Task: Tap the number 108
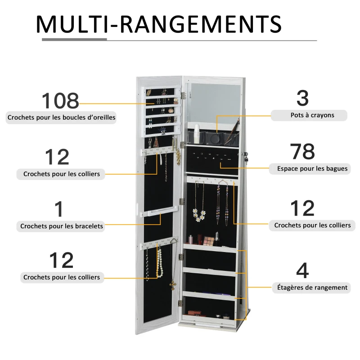[60, 101]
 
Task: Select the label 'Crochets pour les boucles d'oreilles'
[61, 118]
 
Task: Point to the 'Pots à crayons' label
[309, 115]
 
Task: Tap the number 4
[302, 271]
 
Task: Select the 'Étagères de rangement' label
[310, 287]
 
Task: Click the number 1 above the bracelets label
[59, 210]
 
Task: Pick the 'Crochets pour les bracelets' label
[62, 226]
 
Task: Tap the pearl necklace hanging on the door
[159, 263]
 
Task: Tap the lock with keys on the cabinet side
[246, 157]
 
